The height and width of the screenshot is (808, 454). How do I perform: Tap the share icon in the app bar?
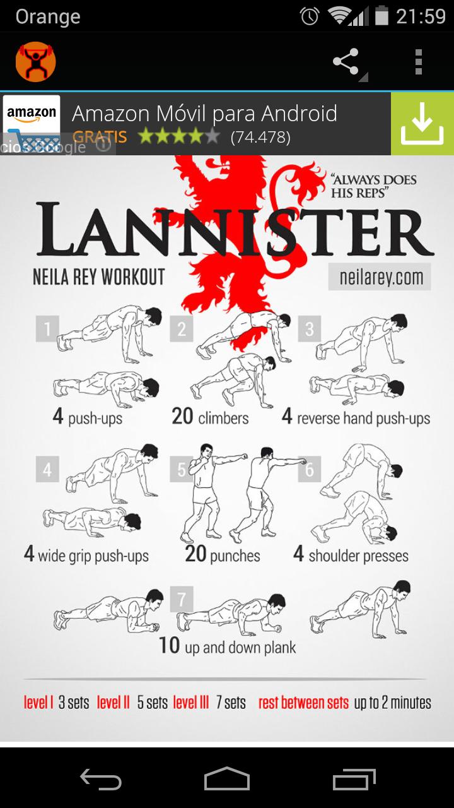pos(346,61)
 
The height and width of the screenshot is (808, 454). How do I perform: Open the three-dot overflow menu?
pos(418,62)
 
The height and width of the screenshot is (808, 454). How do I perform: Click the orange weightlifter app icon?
pos(36,62)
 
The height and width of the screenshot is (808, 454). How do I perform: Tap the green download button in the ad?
pos(422,124)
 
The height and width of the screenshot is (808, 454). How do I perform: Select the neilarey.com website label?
pos(380,277)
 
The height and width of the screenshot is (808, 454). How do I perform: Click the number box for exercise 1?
pos(47,329)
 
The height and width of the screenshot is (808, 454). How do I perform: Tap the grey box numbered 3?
pos(309,329)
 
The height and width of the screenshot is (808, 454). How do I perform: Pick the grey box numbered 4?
pos(47,469)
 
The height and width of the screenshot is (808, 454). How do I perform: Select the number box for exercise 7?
pos(182,599)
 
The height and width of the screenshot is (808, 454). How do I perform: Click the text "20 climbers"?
pos(210,417)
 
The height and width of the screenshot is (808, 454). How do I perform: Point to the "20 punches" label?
pos(223,554)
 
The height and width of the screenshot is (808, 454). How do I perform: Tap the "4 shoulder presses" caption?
pos(351,555)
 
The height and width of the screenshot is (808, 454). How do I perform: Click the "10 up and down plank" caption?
pos(228,646)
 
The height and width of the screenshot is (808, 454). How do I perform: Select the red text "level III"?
pos(191,703)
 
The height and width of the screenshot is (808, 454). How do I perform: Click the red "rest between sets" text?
pos(303,703)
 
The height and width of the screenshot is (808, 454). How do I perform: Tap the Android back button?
pos(100,779)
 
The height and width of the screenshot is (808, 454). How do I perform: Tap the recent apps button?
pos(354,779)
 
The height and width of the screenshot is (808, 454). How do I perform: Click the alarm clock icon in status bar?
pos(310,16)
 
